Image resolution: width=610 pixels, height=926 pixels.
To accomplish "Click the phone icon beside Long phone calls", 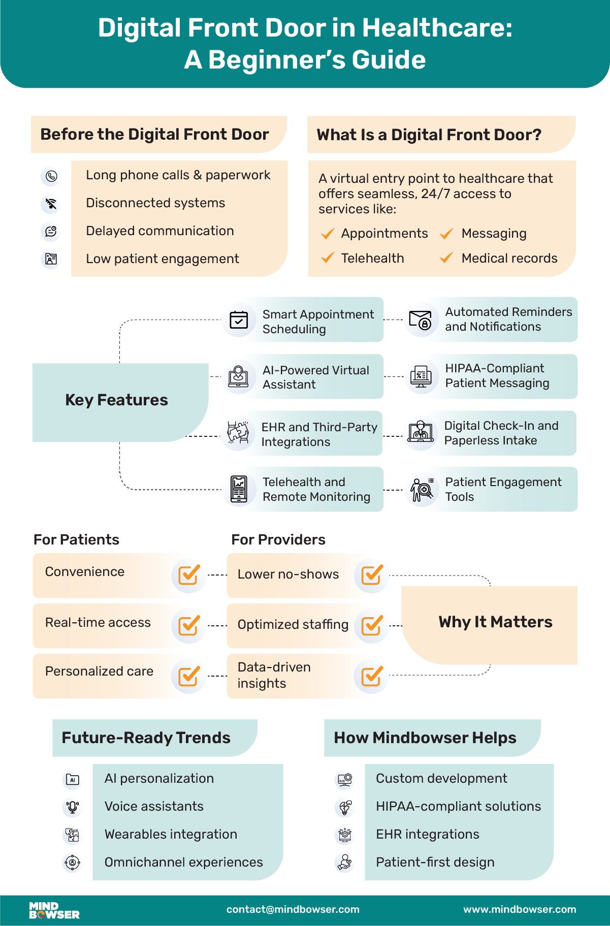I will coord(51,176).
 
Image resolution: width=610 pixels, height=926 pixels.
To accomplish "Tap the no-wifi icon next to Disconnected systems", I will coord(51,204).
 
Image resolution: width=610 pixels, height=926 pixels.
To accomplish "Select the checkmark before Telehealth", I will coord(328,258).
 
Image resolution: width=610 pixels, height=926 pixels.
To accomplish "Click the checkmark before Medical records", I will coord(446,258).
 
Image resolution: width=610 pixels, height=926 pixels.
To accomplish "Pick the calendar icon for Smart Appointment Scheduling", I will coord(239,320).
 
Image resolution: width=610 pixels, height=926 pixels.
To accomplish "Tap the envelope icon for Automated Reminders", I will coord(421,321).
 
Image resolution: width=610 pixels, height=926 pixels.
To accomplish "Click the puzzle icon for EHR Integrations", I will coord(238,433).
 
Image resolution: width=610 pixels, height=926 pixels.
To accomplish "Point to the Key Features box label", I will coord(116,400).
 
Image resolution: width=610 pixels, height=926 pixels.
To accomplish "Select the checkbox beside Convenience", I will coord(189,575).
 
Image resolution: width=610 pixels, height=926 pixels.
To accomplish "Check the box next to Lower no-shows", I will coord(372,575).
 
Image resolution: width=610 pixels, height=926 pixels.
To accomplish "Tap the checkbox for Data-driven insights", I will coord(372,676).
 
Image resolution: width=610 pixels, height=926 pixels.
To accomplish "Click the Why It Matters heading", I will coord(495,622).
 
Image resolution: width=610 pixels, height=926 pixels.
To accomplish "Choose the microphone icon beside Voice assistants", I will coord(73,807).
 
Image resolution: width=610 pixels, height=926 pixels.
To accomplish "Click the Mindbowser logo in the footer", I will coord(54,910).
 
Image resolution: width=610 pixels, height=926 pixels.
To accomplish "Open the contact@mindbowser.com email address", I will coord(293,910).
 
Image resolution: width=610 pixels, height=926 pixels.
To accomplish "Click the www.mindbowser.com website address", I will coord(520,910).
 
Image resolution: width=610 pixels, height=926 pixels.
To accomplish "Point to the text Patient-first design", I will coord(435,863).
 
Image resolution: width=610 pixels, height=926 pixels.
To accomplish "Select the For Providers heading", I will coord(278,539).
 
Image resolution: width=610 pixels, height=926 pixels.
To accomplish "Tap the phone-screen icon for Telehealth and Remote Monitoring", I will coord(239,489).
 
